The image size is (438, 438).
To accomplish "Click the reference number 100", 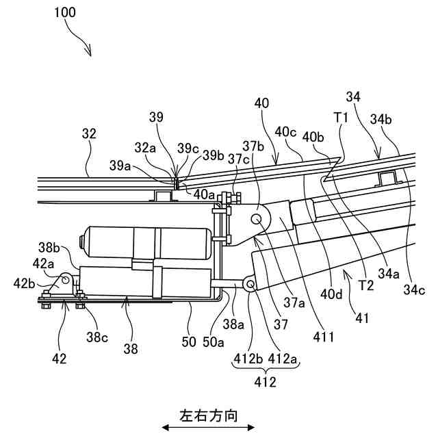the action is pyautogui.click(x=65, y=12).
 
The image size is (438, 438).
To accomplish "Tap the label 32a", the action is pyautogui.click(x=145, y=148).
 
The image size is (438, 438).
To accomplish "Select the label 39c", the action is pyautogui.click(x=188, y=149).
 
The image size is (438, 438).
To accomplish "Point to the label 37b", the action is pyautogui.click(x=253, y=146).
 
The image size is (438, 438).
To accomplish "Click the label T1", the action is pyautogui.click(x=341, y=118).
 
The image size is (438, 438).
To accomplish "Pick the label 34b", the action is pyautogui.click(x=381, y=119).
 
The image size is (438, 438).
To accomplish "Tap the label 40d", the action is pyautogui.click(x=331, y=294).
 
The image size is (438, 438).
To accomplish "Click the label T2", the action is pyautogui.click(x=366, y=285).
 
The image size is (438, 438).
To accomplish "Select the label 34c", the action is pyautogui.click(x=414, y=290).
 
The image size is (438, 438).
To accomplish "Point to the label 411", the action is pyautogui.click(x=324, y=337).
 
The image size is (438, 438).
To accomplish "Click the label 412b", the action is pyautogui.click(x=248, y=359).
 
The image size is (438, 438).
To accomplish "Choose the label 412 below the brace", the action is pyautogui.click(x=265, y=382).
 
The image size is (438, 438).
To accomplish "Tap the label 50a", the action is pyautogui.click(x=214, y=342).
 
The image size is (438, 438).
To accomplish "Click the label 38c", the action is pyautogui.click(x=97, y=337).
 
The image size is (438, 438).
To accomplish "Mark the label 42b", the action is pyautogui.click(x=24, y=284).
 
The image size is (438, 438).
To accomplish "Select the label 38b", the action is pyautogui.click(x=49, y=248).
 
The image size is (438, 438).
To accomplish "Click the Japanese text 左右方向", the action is pyautogui.click(x=208, y=415).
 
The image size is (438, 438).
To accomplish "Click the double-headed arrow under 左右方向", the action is pyautogui.click(x=208, y=427).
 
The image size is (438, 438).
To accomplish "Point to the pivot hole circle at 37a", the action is pyautogui.click(x=256, y=219).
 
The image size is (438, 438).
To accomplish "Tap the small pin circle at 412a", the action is pyautogui.click(x=250, y=285).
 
